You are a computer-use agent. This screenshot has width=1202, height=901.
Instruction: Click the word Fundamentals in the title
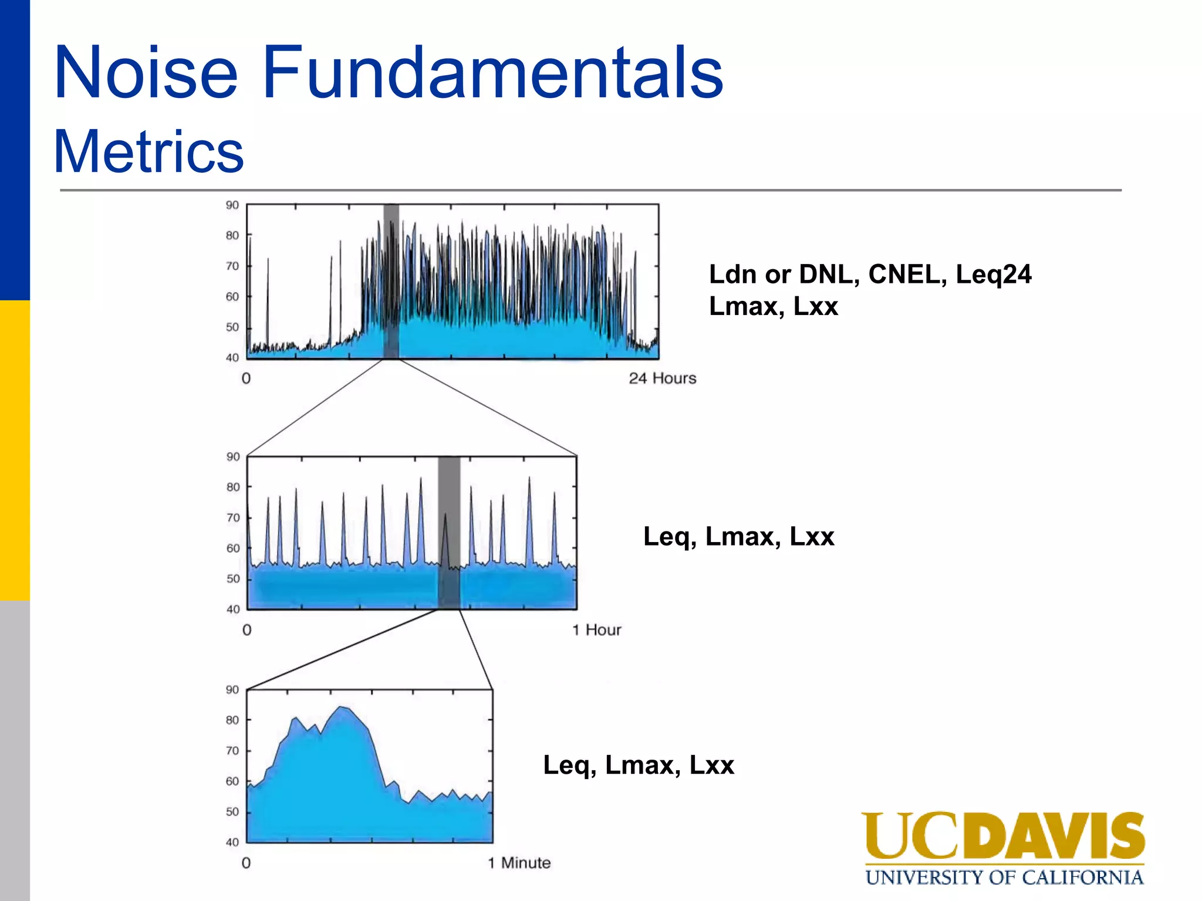click(x=492, y=73)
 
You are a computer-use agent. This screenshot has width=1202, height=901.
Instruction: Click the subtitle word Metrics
click(x=148, y=151)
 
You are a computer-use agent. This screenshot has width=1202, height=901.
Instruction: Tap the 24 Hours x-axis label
click(x=662, y=378)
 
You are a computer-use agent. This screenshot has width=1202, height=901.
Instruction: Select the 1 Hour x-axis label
click(x=596, y=630)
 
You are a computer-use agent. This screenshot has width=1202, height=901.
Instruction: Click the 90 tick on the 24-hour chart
click(x=232, y=205)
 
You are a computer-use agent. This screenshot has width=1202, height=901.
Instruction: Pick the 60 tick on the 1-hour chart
click(x=233, y=548)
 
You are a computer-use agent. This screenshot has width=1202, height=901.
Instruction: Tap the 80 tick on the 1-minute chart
click(x=232, y=720)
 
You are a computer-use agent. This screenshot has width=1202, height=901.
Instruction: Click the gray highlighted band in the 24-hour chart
click(x=391, y=282)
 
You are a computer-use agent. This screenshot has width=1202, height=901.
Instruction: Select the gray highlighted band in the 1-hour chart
click(x=449, y=533)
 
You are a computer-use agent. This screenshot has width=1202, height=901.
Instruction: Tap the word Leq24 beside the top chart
click(x=993, y=275)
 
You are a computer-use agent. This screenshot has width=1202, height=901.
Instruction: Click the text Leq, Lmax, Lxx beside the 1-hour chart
click(x=738, y=536)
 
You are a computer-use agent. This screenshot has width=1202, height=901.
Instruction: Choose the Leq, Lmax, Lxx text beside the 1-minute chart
click(x=639, y=765)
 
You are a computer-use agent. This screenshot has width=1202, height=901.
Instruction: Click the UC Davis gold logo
click(x=1002, y=835)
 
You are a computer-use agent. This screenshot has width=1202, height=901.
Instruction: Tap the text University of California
click(x=1004, y=878)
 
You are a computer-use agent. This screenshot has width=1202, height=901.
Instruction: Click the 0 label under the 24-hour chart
click(x=246, y=378)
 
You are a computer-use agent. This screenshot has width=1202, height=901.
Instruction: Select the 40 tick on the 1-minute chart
click(x=232, y=842)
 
